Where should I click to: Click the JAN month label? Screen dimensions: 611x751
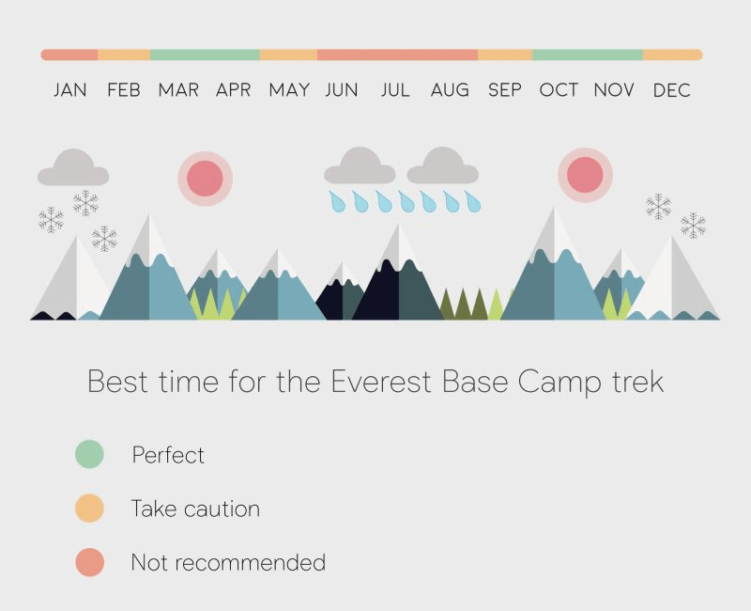(70, 90)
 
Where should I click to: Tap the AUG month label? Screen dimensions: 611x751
(450, 90)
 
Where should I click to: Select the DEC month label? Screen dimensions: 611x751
(672, 90)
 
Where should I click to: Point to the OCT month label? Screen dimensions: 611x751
(559, 90)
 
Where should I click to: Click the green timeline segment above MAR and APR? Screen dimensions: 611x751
(205, 55)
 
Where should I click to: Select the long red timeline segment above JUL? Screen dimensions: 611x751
(397, 55)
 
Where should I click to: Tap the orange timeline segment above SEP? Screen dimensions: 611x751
(505, 55)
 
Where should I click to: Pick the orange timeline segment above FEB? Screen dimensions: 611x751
(124, 55)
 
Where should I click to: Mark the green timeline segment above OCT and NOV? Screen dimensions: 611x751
(587, 55)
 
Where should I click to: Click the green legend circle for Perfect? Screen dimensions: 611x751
(89, 455)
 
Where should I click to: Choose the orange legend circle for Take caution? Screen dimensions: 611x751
(89, 509)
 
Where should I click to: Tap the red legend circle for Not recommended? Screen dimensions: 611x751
(89, 563)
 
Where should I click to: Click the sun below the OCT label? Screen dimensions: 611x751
(585, 175)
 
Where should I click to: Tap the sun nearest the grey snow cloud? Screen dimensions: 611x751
(205, 178)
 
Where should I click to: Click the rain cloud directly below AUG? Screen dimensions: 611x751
(442, 166)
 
